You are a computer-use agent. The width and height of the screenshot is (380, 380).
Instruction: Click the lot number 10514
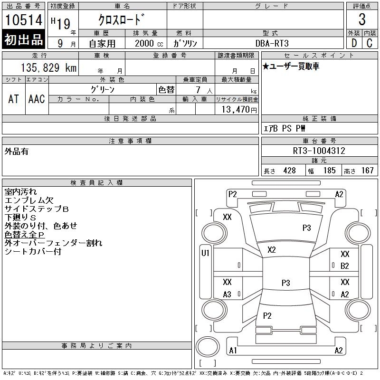(24, 20)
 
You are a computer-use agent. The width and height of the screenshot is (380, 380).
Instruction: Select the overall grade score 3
(362, 19)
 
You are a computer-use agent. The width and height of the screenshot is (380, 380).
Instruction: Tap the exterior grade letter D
(354, 43)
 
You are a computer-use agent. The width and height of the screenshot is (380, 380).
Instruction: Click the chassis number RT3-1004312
(319, 151)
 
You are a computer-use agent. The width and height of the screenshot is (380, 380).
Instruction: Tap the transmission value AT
(14, 99)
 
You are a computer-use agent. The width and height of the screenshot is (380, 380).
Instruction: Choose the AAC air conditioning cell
(37, 99)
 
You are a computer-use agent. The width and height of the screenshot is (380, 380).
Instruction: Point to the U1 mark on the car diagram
(206, 253)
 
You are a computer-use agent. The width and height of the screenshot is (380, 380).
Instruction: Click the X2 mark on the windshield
(272, 249)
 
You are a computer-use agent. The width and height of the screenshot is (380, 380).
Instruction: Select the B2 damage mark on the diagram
(345, 266)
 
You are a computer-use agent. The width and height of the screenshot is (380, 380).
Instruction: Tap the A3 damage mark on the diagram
(227, 294)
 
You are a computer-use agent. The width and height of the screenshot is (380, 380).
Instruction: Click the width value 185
(329, 171)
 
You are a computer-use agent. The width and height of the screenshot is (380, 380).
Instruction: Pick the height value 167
(367, 171)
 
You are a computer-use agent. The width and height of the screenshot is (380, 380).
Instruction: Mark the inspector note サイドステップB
(37, 209)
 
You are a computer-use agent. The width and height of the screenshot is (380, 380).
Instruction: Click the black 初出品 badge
(24, 40)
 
